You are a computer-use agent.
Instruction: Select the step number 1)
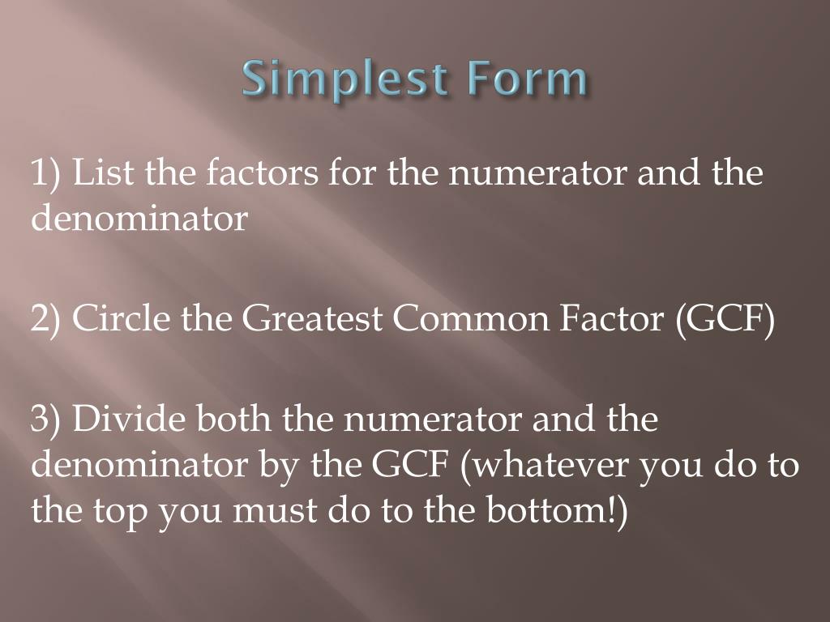pos(47,173)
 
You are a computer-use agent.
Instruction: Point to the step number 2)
pos(47,320)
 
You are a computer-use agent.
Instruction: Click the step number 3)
pos(47,420)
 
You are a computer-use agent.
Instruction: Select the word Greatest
pos(313,320)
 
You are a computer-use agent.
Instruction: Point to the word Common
pos(470,320)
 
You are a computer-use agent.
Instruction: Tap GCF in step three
pos(412,466)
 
